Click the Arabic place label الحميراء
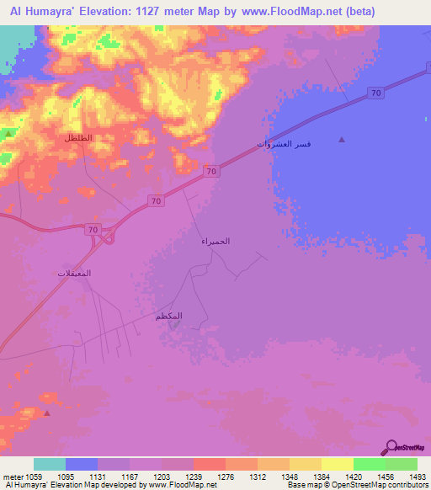click(215, 242)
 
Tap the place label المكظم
click(169, 316)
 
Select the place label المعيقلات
click(74, 274)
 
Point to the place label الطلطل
click(78, 137)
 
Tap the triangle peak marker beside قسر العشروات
click(341, 140)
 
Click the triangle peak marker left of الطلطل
click(8, 134)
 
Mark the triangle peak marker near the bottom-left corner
click(47, 413)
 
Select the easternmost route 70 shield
click(376, 93)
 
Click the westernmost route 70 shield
click(93, 229)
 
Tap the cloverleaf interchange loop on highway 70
click(108, 238)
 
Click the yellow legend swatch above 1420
click(338, 464)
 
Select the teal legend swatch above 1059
click(50, 464)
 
